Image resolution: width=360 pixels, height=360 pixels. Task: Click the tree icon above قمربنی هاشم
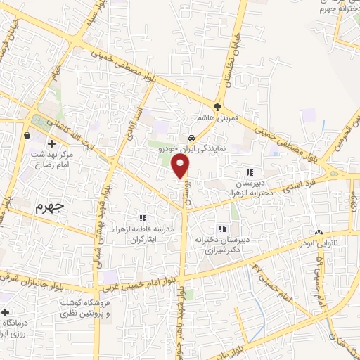218,108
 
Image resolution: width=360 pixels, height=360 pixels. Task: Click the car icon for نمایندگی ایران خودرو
191,138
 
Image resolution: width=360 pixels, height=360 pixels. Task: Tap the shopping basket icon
27,135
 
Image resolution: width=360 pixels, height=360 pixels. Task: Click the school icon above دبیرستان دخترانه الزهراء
249,172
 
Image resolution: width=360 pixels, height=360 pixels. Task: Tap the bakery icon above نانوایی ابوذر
319,232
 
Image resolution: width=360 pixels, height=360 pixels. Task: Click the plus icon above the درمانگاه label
6,311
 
